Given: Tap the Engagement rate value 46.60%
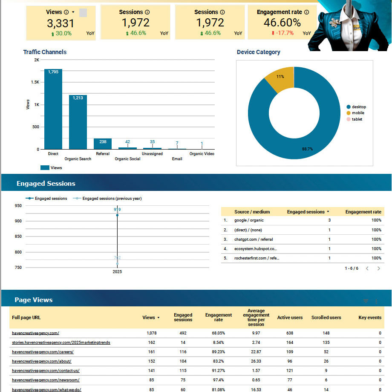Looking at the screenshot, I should pos(282,23).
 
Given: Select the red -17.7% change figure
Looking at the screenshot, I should pos(282,33).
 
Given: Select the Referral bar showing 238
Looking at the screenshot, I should pos(103,144).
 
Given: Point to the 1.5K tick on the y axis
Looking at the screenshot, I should pos(34,82).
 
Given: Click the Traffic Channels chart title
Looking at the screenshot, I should pos(45,52).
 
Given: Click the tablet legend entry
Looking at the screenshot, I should pos(357,119).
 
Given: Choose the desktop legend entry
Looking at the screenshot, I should pos(358,107).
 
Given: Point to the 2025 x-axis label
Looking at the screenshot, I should pos(117,271).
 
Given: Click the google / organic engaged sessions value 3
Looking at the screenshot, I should pos(329,220).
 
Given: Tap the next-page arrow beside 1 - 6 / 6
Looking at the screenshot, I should pos(379,268).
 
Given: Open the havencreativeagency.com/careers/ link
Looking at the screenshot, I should pos(43,352).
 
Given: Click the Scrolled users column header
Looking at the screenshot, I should pos(326,317).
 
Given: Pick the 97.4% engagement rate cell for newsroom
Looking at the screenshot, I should pos(218,380).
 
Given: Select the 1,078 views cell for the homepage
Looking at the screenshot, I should pos(151,333).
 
